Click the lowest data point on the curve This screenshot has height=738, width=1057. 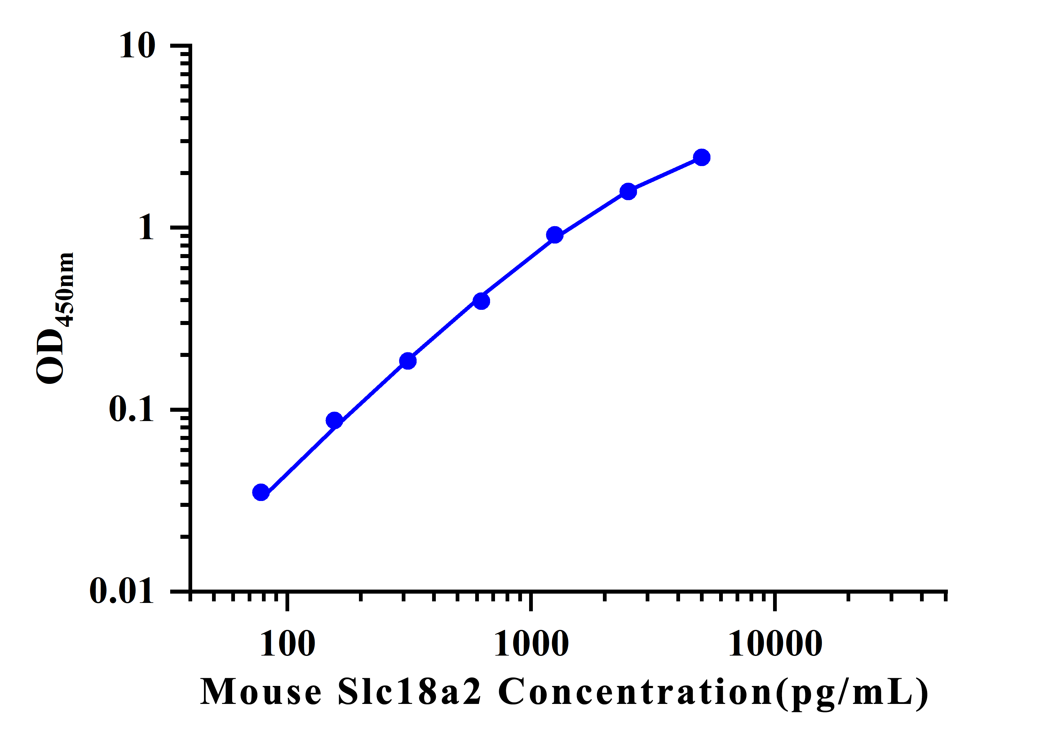coord(261,492)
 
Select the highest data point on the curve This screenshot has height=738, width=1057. coord(701,157)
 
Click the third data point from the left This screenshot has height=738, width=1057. coord(408,361)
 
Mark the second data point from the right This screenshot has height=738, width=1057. coord(628,191)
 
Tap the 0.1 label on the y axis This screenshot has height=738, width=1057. coord(131,409)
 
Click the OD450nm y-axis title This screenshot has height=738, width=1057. coord(55,318)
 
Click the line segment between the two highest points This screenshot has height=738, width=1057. coord(665,174)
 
